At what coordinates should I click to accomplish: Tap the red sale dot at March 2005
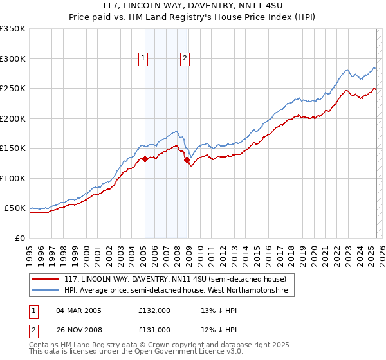click(x=145, y=159)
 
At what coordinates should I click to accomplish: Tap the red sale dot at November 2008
click(x=187, y=160)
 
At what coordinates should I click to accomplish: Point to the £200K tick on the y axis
click(x=14, y=118)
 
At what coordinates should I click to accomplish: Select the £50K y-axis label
click(x=14, y=208)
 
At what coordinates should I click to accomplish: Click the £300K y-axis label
click(x=14, y=59)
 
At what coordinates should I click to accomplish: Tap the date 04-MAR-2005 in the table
click(x=79, y=310)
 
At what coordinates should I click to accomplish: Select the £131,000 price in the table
click(x=154, y=330)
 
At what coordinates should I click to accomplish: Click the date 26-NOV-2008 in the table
click(x=79, y=330)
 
